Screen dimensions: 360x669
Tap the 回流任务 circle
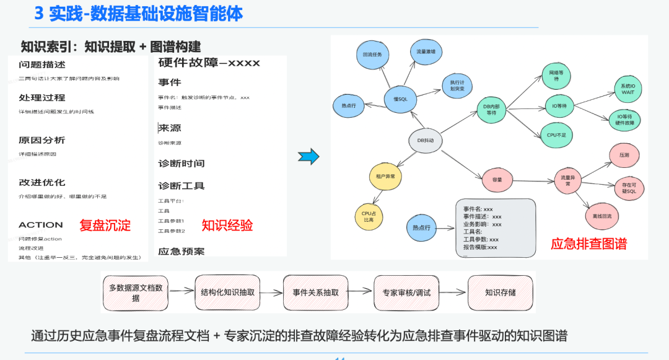pyautogui.click(x=372, y=55)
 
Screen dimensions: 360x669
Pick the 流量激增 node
pyautogui.click(x=426, y=51)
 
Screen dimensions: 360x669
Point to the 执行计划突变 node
pyautogui.click(x=458, y=86)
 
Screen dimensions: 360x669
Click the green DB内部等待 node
pyautogui.click(x=491, y=110)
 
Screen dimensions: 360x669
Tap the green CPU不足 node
pyautogui.click(x=556, y=134)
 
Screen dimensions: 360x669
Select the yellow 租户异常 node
pyautogui.click(x=385, y=177)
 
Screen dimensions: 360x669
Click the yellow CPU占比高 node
pyautogui.click(x=369, y=216)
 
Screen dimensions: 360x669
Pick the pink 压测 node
pyautogui.click(x=624, y=155)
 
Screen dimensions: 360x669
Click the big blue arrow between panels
pyautogui.click(x=308, y=157)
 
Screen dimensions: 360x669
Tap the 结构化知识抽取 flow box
pyautogui.click(x=228, y=292)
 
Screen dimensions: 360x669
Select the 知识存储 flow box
pyautogui.click(x=500, y=292)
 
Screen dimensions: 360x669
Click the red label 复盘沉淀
pyautogui.click(x=105, y=226)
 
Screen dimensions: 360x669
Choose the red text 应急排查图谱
pyautogui.click(x=588, y=244)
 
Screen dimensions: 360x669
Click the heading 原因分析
pyautogui.click(x=42, y=140)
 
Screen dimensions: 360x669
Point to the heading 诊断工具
pyautogui.click(x=181, y=186)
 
